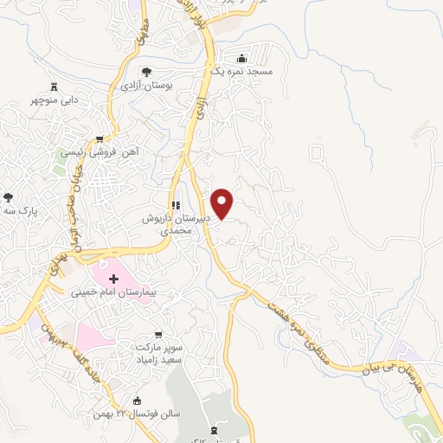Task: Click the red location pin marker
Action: point(223,204)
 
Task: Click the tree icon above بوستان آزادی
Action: point(146,72)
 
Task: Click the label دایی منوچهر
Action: point(57,100)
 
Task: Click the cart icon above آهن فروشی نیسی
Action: point(100,138)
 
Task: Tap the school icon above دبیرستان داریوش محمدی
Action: point(175,206)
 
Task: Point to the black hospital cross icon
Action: point(113,278)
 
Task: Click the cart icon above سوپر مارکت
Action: point(157,333)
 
